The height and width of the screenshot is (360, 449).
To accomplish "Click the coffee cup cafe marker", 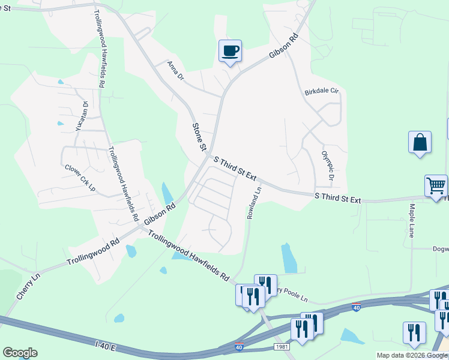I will click(x=230, y=50).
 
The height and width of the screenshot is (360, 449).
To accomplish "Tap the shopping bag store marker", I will click(x=420, y=143).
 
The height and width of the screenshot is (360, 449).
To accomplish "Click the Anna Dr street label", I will click(x=175, y=71).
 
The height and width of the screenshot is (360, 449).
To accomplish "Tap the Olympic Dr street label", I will click(x=327, y=165).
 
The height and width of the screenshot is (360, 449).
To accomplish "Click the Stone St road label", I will click(x=199, y=137).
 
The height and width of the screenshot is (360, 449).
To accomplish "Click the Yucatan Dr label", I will click(x=82, y=117).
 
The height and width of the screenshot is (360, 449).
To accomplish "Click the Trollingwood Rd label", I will click(x=93, y=253).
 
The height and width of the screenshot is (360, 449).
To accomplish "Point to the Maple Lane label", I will click(x=412, y=221).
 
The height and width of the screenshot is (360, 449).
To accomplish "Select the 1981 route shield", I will click(x=282, y=347).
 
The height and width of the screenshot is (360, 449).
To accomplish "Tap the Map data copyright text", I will click(x=412, y=355).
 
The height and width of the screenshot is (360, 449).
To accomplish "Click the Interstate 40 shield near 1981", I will click(x=239, y=347).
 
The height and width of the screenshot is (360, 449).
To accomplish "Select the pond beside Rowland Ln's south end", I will click(x=289, y=258).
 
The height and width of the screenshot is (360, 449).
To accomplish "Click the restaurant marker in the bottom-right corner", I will click(x=414, y=332).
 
